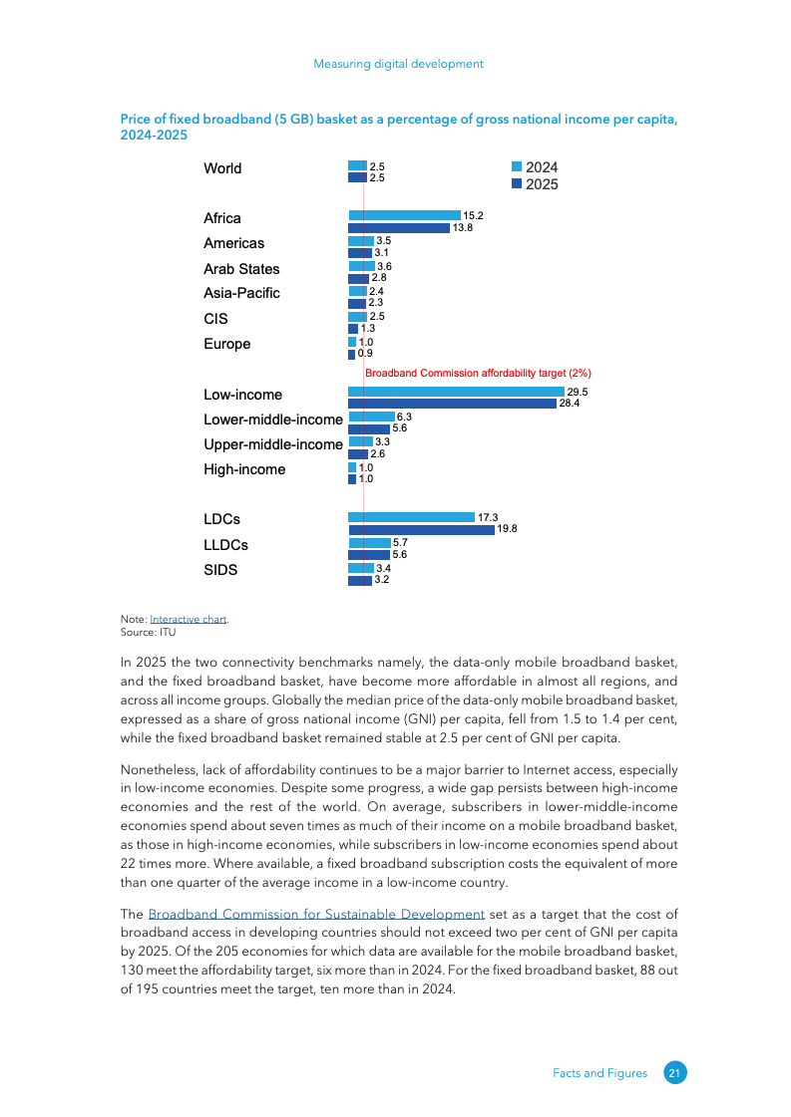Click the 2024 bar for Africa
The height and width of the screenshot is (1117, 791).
pos(404,215)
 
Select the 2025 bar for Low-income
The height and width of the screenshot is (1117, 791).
pos(452,404)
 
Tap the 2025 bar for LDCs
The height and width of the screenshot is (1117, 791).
pos(421,530)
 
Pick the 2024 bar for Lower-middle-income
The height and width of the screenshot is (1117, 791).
pos(371,417)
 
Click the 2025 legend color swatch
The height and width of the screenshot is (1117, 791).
pos(517,183)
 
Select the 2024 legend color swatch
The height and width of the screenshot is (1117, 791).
pos(517,167)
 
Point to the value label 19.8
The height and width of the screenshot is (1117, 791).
pos(507,529)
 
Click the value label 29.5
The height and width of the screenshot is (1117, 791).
pos(578,393)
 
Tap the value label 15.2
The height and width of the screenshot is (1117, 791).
pos(474,215)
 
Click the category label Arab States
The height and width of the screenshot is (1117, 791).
pos(241,269)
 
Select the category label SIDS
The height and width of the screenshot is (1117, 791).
pos(220,571)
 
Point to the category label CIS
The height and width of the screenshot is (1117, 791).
pos(215,319)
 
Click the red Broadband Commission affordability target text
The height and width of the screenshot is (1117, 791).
pos(478,373)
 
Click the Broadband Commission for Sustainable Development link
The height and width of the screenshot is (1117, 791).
pos(316,915)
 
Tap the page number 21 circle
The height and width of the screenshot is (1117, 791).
pos(675,1073)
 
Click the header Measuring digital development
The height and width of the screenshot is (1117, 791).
pos(398,64)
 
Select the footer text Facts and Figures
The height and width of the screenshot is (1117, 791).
pos(599,1073)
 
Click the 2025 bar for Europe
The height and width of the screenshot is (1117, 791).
pos(351,354)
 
